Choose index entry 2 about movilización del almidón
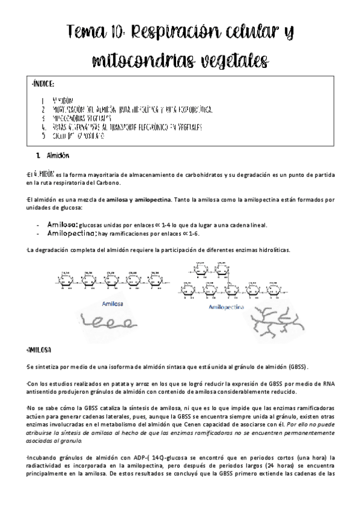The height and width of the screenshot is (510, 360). pos(132,110)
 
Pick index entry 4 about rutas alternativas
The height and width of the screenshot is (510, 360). pos(127,127)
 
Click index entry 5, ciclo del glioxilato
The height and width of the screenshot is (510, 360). pos(79,136)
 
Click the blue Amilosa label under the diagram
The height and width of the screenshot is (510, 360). pos(113,303)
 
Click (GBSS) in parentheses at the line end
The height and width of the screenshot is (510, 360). pos(313,366)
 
